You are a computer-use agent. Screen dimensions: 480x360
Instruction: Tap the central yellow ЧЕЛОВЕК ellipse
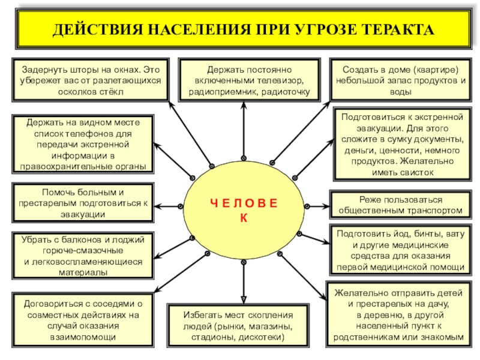244,210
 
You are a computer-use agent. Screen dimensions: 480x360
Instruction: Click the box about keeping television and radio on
244,79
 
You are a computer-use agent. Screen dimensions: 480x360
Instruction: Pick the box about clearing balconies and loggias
83,256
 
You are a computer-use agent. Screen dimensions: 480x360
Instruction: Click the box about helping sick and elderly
83,203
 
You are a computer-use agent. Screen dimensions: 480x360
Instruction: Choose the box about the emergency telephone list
83,144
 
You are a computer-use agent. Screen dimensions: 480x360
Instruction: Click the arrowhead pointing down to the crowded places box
244,299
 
